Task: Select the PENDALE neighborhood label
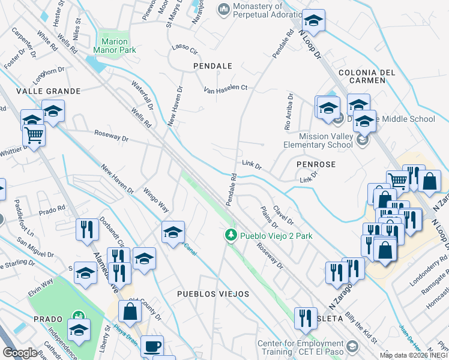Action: coord(212,65)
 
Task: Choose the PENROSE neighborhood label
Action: coord(315,164)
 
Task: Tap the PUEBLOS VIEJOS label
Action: coord(212,294)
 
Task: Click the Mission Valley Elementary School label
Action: coord(326,140)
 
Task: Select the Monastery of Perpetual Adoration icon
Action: coord(224,8)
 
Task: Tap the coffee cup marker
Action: coord(152,346)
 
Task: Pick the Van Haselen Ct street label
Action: coord(226,88)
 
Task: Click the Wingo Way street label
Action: coord(155,200)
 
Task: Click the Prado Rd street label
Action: coord(52,210)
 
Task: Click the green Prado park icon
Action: coord(77,316)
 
